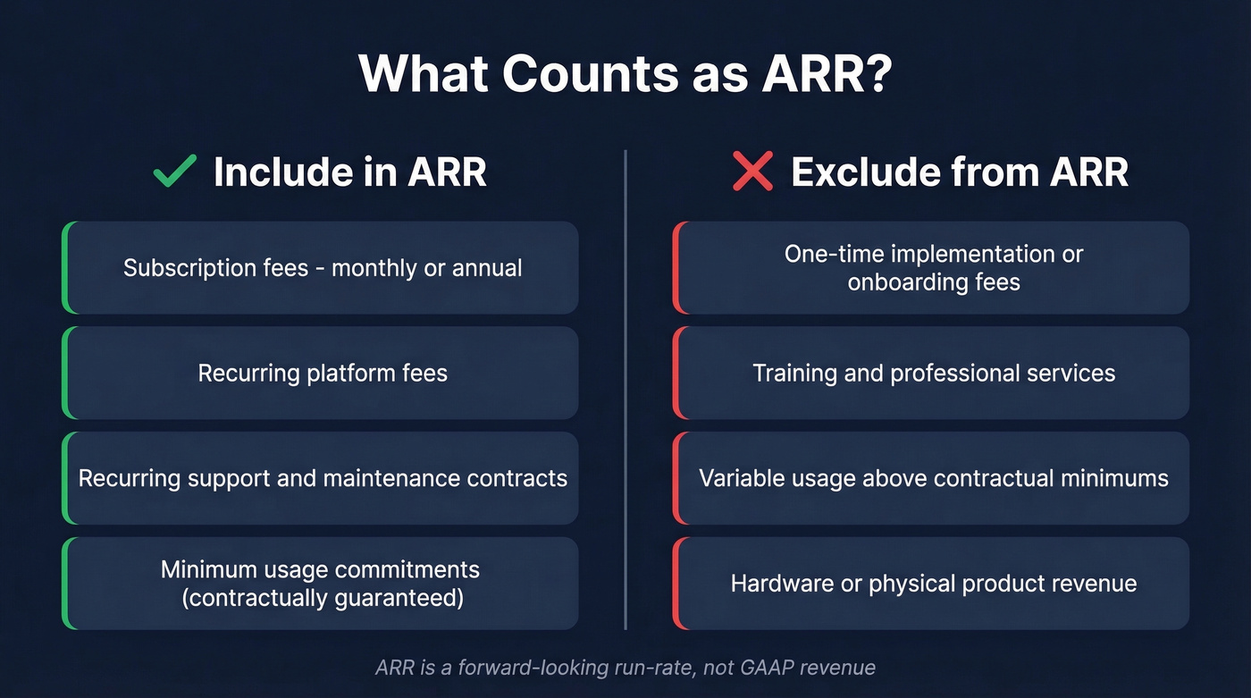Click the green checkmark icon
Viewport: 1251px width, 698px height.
[x=175, y=171]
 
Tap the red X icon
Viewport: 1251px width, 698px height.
[x=752, y=171]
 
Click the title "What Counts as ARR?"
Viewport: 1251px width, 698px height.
[x=625, y=74]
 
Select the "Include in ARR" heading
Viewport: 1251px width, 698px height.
[x=349, y=172]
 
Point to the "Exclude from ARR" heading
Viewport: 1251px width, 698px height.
[x=959, y=172]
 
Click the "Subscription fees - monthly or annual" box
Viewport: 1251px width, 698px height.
[x=321, y=268]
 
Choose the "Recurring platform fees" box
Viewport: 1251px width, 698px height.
[x=321, y=373]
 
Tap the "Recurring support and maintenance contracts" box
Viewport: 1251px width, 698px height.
[x=321, y=478]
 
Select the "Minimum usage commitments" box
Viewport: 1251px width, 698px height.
[x=321, y=583]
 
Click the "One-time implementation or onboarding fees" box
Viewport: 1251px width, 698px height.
[x=932, y=268]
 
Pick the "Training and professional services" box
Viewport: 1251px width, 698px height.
[x=932, y=373]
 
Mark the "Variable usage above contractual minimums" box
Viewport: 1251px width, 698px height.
[x=932, y=478]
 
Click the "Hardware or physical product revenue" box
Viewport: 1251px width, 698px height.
[x=932, y=584]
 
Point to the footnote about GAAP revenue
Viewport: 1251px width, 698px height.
[x=625, y=668]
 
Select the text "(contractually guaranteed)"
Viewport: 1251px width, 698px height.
[x=323, y=597]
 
